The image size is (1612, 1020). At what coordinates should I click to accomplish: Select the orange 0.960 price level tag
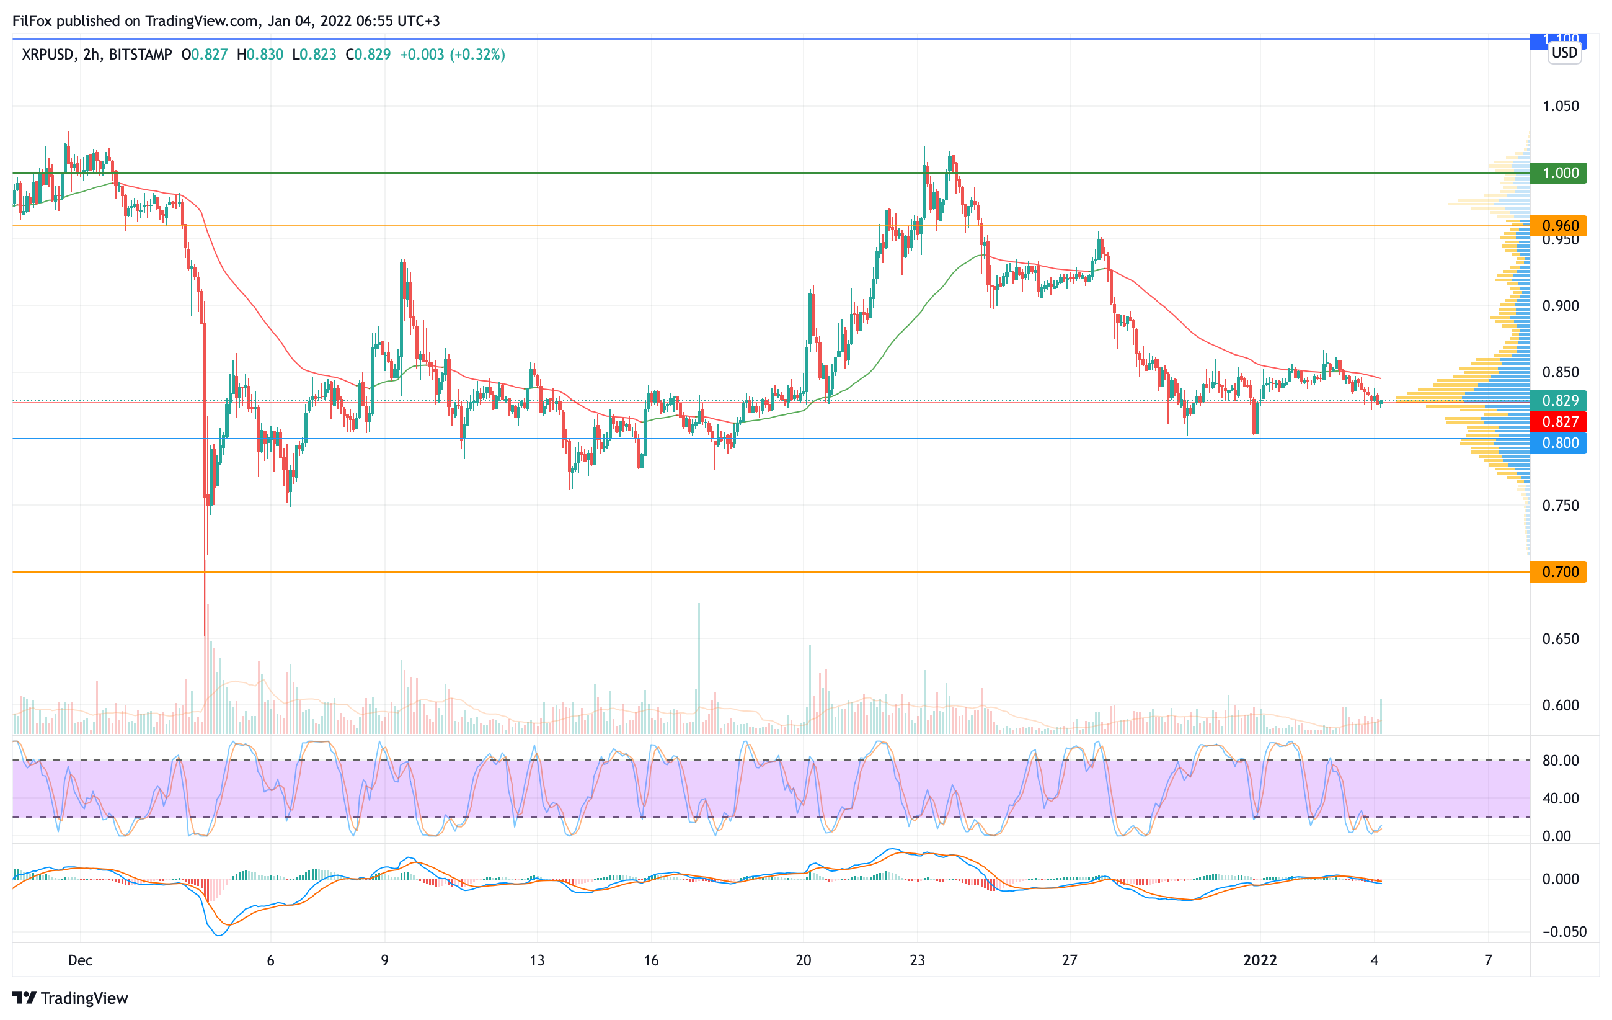pos(1559,226)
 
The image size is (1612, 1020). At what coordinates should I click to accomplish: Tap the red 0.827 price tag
pos(1559,422)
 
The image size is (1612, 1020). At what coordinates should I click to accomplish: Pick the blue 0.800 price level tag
pos(1559,443)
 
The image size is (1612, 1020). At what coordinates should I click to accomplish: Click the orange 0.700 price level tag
pos(1559,572)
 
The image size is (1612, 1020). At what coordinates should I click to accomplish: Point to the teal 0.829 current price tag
pos(1559,401)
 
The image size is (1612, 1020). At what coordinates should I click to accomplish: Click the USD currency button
pos(1564,53)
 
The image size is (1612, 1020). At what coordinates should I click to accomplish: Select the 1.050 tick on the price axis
pos(1561,107)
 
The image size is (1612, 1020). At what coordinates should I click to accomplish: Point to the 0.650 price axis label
pos(1561,639)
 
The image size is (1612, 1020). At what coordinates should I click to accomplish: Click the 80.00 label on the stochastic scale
pos(1561,761)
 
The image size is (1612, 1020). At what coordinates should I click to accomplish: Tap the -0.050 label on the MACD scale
pos(1563,932)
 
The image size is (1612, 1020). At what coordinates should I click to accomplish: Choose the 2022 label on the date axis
pos(1260,960)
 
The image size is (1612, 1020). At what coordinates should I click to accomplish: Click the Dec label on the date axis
pos(81,960)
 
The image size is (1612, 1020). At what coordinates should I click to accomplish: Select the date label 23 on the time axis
pos(917,960)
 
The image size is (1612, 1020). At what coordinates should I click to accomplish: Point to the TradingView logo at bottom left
pos(70,998)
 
